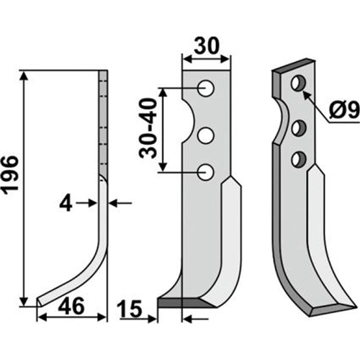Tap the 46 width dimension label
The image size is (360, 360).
(71, 306)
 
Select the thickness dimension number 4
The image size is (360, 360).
(66, 203)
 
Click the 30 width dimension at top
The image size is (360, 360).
(207, 45)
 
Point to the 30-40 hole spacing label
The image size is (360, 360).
(148, 128)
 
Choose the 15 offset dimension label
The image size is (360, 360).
(130, 309)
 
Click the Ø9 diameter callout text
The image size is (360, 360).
(344, 110)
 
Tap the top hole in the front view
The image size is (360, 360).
(205, 88)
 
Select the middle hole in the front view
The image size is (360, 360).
(205, 135)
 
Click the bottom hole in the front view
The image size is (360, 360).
(205, 172)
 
